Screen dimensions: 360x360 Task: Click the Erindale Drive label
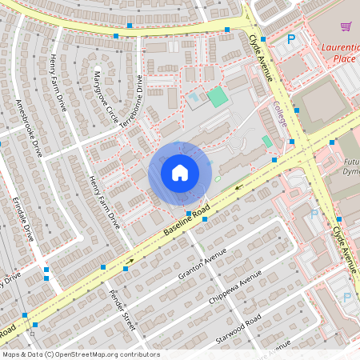click(23, 218)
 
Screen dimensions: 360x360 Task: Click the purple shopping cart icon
click(346, 26)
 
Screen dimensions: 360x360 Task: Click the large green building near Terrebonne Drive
click(217, 98)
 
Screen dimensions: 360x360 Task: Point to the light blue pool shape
click(194, 101)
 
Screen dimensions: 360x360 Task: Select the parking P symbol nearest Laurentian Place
click(291, 38)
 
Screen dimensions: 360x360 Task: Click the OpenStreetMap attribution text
click(80, 354)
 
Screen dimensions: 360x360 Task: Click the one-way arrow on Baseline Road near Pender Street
click(128, 261)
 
